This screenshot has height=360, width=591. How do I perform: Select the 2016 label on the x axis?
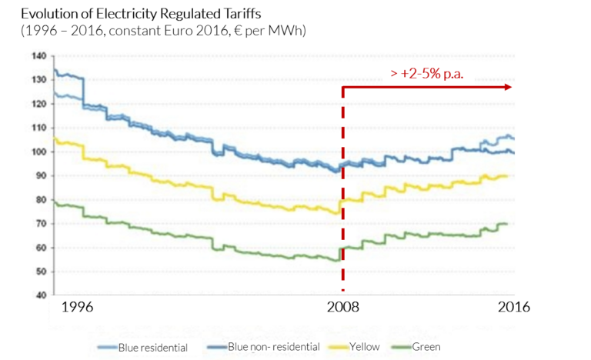point(512,307)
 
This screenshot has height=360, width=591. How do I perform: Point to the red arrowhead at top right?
point(508,87)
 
